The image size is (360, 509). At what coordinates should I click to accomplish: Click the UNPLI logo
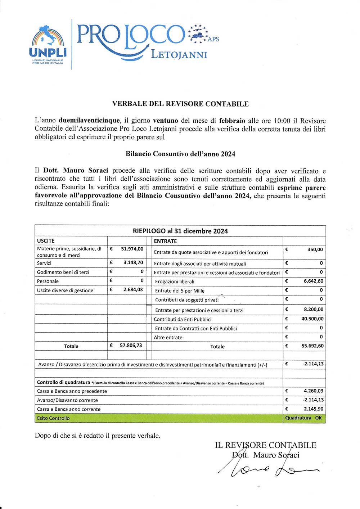click(x=48, y=45)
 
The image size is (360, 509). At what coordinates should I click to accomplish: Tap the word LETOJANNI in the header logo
click(x=179, y=55)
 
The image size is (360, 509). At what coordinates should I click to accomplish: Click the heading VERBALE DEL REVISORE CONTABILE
click(x=180, y=104)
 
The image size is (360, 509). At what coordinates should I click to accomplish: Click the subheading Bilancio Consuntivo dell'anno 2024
click(x=180, y=154)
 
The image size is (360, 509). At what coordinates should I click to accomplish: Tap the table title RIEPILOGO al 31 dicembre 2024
click(x=180, y=231)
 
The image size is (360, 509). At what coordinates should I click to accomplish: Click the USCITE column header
click(x=46, y=241)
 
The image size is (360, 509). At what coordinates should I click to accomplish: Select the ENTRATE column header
click(x=165, y=241)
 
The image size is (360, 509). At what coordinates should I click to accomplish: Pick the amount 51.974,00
click(x=132, y=249)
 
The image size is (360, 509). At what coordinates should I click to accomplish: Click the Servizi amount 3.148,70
click(x=133, y=262)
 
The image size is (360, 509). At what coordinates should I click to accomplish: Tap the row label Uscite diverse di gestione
click(x=65, y=290)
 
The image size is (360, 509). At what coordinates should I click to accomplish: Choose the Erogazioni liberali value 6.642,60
click(x=313, y=281)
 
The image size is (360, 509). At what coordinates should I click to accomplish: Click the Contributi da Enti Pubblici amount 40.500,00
click(x=312, y=319)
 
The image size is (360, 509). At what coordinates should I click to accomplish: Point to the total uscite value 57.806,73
click(x=131, y=346)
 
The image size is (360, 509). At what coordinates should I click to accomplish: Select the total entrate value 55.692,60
click(x=312, y=346)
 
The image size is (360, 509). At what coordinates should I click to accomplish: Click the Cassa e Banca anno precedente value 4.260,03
click(x=313, y=391)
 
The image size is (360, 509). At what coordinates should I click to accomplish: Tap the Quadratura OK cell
click(x=303, y=418)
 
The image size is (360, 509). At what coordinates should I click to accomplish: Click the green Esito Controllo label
click(x=53, y=418)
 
